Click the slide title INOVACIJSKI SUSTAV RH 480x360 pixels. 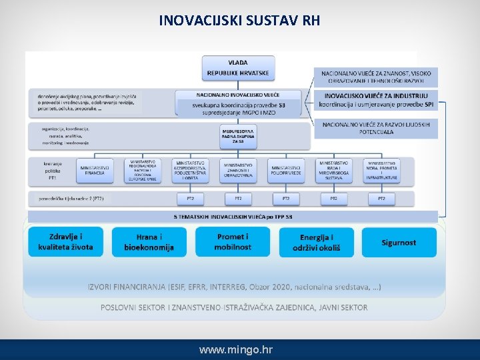239,21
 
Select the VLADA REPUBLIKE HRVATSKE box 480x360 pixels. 238,67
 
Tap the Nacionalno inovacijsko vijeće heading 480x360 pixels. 238,95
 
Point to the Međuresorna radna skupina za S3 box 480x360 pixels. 238,137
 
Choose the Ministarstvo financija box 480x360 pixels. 95,171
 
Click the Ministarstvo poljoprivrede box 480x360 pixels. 286,171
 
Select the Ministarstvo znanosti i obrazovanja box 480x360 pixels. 238,171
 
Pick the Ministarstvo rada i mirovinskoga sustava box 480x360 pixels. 334,170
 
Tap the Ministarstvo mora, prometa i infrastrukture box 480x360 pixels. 382,170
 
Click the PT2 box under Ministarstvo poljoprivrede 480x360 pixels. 286,199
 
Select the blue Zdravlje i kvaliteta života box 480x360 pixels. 66,241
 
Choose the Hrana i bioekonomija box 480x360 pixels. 149,242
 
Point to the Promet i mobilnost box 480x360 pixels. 233,241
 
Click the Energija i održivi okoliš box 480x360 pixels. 317,242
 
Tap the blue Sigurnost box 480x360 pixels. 399,242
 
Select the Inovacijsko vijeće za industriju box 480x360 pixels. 376,100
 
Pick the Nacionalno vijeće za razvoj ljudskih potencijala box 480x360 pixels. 376,128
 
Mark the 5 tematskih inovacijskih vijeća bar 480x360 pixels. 233,217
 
